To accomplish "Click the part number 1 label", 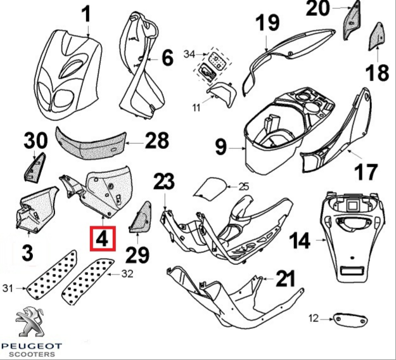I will coord(87,13).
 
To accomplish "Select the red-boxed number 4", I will coord(103,239).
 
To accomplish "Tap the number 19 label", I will coord(267,24).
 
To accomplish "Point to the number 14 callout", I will coord(300,241).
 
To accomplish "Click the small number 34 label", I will coord(189,54).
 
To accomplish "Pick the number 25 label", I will coord(244,186).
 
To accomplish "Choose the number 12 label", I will coord(312,318).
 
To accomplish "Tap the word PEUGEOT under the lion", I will coord(34,346).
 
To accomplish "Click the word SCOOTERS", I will coord(34,355).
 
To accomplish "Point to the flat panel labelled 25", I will coord(211,187).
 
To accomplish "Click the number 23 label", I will coord(163,182).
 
